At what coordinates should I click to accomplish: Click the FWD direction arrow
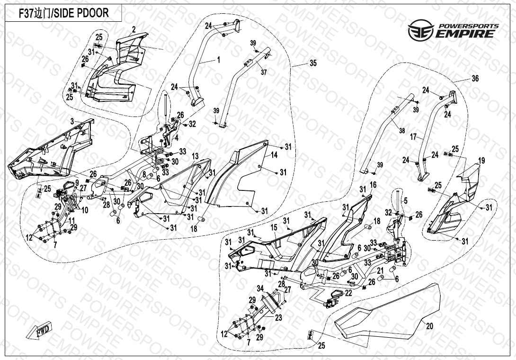43,331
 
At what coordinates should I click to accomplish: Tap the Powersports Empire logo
453,30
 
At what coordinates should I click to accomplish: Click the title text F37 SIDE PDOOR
63,13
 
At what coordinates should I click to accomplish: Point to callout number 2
134,30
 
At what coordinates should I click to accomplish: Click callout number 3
72,122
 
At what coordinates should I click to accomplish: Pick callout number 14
274,155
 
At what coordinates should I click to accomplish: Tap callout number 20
429,326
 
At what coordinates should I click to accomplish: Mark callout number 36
475,79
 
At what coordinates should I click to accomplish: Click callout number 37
264,72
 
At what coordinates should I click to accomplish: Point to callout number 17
413,137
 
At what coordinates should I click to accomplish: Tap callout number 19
481,161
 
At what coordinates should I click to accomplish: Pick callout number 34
260,288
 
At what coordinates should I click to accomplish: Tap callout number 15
274,228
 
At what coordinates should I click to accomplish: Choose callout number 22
348,294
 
